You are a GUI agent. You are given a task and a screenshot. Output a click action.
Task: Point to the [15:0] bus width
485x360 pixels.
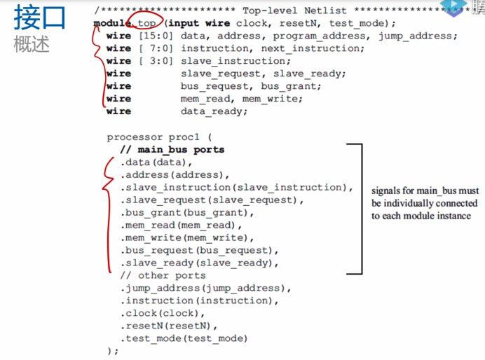[x=156, y=36]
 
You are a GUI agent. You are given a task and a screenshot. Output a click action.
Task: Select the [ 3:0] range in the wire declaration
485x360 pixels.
[x=156, y=61]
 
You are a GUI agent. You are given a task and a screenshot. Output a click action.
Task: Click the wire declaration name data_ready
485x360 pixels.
[x=214, y=111]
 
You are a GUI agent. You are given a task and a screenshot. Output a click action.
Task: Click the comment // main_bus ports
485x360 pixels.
[x=172, y=149]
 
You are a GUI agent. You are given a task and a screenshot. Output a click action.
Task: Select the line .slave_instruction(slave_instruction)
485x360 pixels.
[x=235, y=188]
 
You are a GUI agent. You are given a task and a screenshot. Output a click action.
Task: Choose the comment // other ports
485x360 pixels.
[x=163, y=275]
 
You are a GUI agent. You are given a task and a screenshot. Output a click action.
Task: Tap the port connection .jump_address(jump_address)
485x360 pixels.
[x=205, y=288]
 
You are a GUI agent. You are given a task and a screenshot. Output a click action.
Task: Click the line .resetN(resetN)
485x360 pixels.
[x=170, y=326]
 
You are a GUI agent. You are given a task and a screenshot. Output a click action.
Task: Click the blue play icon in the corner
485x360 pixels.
[x=456, y=7]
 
